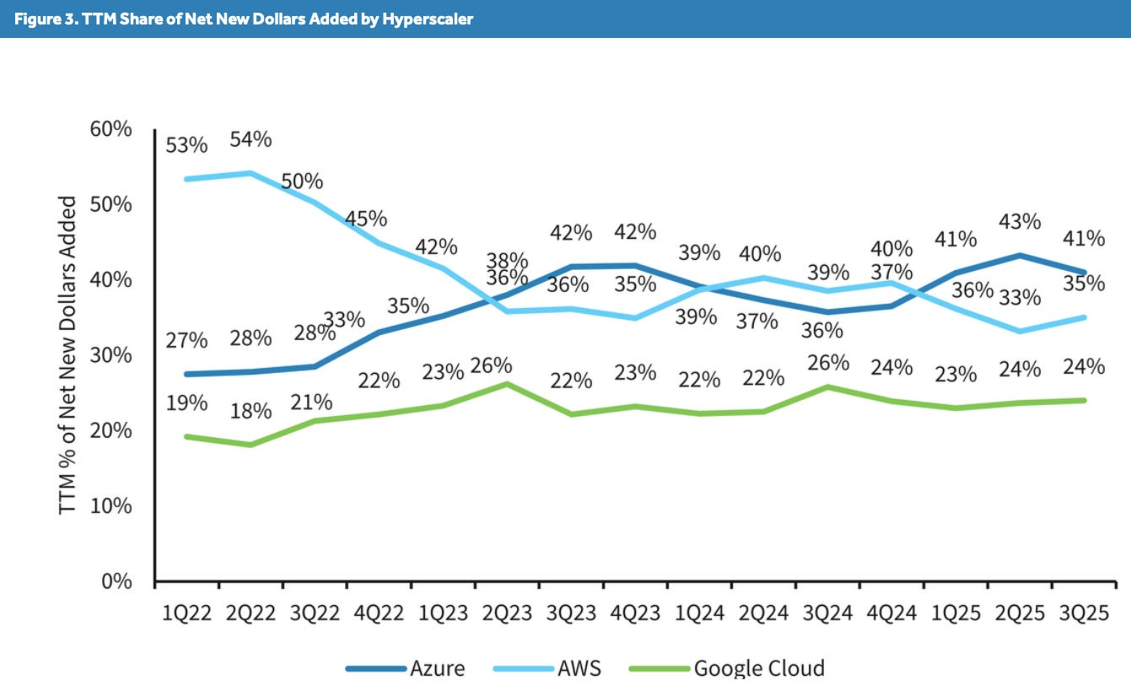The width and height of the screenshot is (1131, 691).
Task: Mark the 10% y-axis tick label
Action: pos(110,506)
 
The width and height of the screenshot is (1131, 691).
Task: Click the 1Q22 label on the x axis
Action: pos(186,613)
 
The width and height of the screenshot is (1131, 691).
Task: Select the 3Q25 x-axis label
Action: pos(1082,613)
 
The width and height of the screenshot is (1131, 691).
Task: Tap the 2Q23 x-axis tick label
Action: pos(506,613)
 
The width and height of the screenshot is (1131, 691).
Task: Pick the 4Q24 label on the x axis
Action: pos(890,613)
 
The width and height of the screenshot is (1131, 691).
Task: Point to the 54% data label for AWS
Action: pos(251,139)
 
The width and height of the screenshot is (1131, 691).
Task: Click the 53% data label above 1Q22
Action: pos(186,144)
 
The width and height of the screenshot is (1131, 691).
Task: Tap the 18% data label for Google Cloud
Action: pos(251,411)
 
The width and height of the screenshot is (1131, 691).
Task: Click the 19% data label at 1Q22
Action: pos(186,402)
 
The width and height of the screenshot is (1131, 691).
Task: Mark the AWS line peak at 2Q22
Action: pos(251,173)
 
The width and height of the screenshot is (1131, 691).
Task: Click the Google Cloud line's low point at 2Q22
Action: pos(251,445)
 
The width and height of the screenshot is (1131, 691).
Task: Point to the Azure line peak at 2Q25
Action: pos(1020,255)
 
